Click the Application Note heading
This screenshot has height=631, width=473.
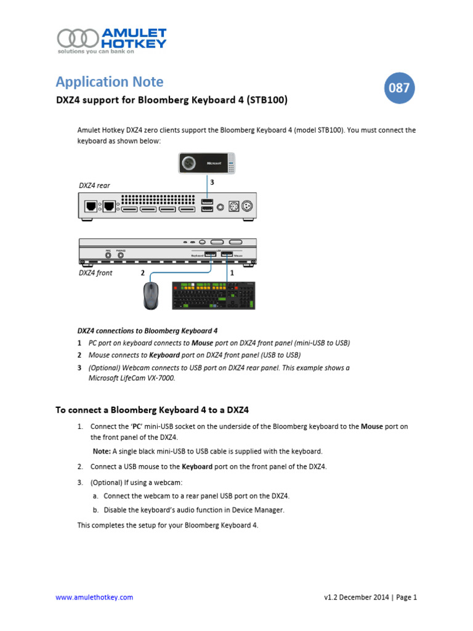(x=109, y=81)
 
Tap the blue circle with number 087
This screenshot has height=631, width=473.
(x=398, y=88)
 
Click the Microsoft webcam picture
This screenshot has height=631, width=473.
(x=207, y=163)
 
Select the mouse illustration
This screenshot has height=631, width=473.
(x=151, y=296)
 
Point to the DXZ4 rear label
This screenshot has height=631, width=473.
(x=94, y=185)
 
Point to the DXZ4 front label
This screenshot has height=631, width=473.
(x=95, y=272)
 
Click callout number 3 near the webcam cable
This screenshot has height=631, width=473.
(x=212, y=182)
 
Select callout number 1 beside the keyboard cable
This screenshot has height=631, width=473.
(x=232, y=272)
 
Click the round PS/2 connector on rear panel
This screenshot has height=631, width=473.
(x=248, y=206)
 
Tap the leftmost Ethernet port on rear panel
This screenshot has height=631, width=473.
(x=90, y=206)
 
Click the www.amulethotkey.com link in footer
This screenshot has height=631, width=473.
(x=94, y=597)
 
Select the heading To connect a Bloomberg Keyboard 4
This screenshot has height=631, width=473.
(x=152, y=409)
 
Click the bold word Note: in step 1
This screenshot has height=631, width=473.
(x=102, y=451)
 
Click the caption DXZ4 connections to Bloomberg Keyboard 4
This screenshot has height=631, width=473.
(x=147, y=330)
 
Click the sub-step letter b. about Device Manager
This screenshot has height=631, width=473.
(x=95, y=510)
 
